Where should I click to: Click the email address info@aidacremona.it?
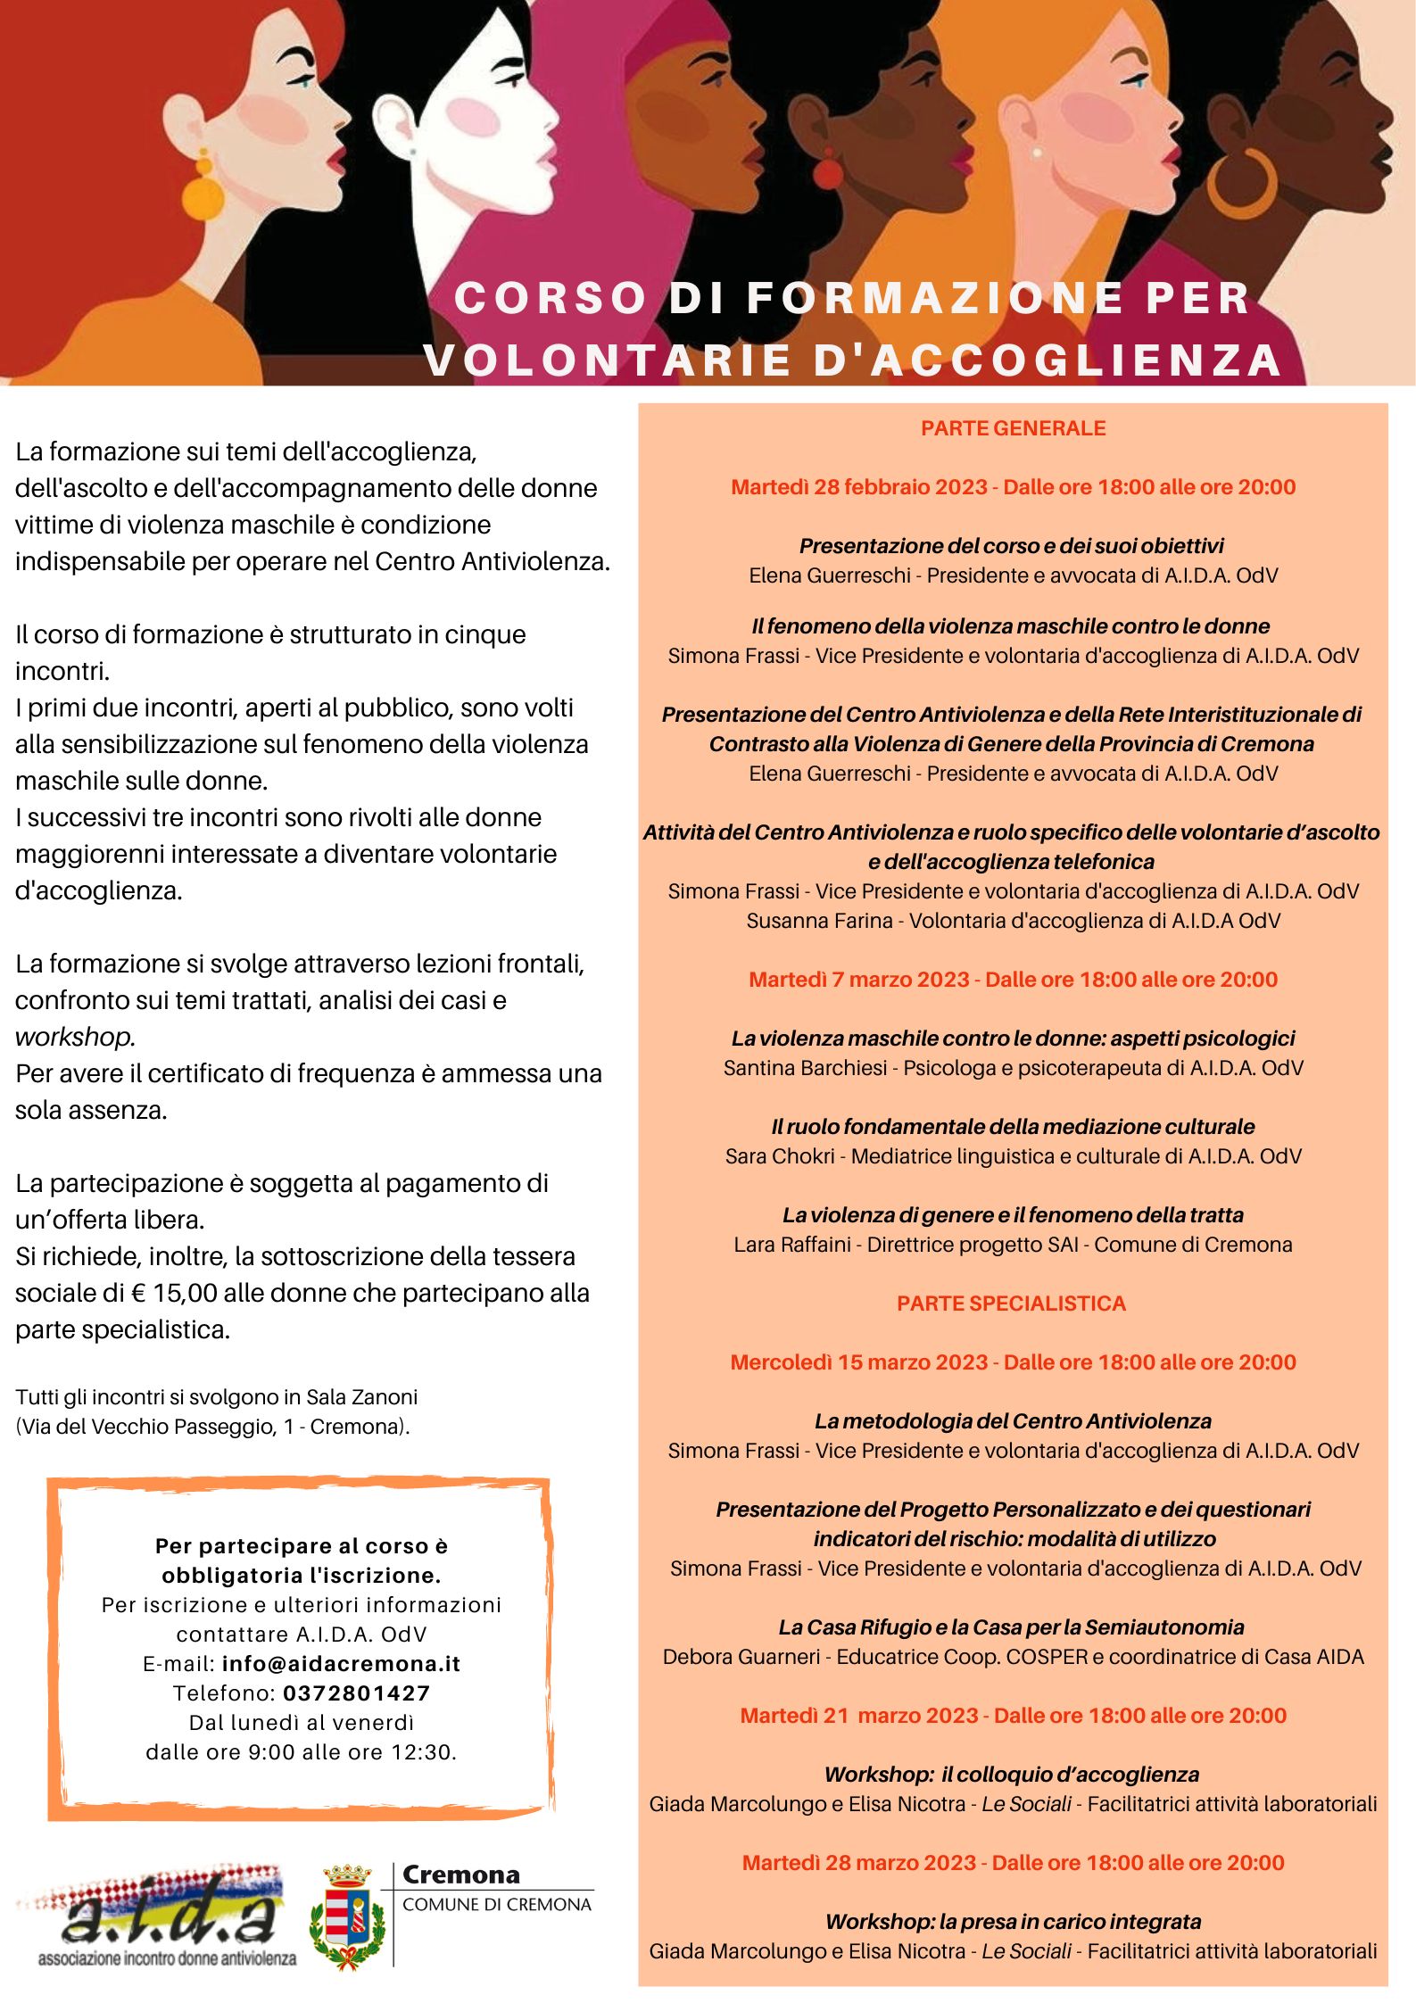click(341, 1664)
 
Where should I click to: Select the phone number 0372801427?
click(357, 1693)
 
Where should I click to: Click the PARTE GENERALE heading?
click(1013, 428)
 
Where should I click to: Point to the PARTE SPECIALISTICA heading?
click(1011, 1304)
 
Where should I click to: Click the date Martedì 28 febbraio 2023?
click(859, 487)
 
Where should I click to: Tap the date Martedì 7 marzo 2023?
click(858, 980)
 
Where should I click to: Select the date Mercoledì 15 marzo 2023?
click(858, 1362)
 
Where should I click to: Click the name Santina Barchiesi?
click(805, 1068)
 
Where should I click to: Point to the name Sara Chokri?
click(780, 1156)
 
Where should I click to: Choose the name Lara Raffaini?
click(791, 1245)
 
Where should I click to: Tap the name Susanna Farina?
click(819, 921)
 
